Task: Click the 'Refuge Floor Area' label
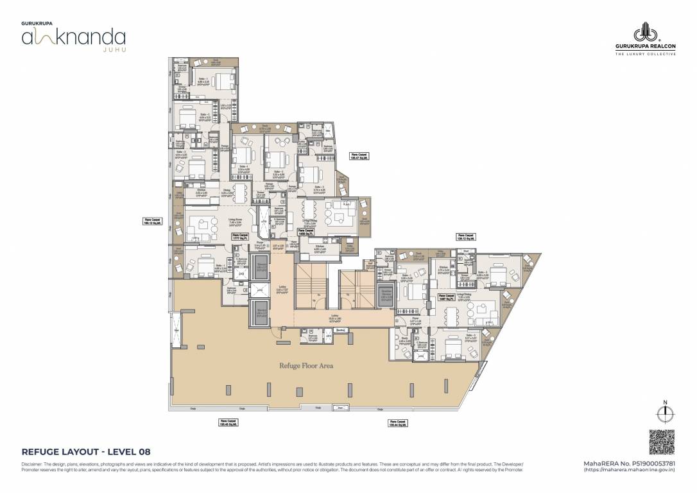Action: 305,366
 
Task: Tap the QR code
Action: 662,441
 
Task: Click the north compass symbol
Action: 666,411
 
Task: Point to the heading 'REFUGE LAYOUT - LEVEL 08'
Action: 86,451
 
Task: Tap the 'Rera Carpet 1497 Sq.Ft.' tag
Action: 446,297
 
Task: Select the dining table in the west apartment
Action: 239,192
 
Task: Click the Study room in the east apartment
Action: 404,341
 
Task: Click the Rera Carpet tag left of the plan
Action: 153,221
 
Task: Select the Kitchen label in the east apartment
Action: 442,270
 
